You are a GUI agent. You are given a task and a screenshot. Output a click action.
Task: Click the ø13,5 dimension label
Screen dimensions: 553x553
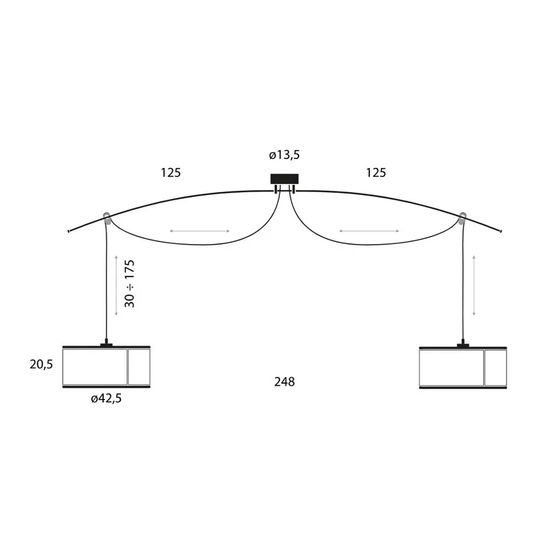[284, 155]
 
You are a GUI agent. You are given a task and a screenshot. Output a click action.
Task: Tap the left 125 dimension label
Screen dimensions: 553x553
[171, 173]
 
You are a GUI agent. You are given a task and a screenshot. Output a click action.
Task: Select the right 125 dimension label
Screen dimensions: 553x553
[375, 173]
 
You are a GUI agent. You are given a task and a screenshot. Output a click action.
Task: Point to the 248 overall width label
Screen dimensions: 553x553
[284, 382]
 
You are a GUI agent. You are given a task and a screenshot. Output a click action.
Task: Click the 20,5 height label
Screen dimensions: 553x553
[41, 364]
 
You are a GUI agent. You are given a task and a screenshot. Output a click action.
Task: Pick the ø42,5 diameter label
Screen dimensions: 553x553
[106, 398]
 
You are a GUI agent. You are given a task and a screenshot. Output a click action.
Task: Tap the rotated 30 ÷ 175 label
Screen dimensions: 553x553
[130, 283]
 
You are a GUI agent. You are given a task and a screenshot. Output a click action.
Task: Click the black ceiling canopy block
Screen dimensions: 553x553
[284, 179]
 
